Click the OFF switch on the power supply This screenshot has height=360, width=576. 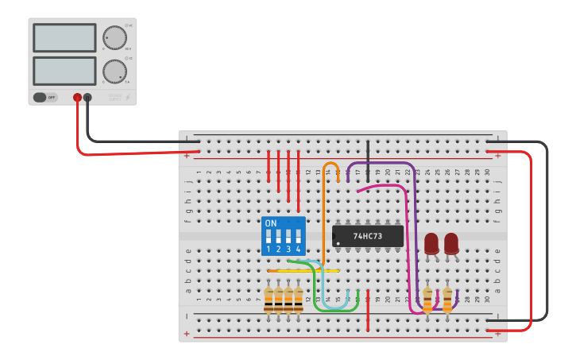point(45,98)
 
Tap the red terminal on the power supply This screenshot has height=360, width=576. point(77,98)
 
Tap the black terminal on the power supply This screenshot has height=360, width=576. point(87,98)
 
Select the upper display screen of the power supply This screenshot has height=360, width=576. point(64,38)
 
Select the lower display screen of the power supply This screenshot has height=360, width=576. point(64,71)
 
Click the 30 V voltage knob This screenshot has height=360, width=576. point(114,37)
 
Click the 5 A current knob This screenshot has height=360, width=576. point(114,71)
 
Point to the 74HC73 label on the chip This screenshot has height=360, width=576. point(368,236)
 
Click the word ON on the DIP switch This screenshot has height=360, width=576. point(271,223)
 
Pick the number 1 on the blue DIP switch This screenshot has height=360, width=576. point(269,250)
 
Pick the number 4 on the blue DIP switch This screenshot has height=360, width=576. point(298,250)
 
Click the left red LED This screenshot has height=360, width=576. point(431,243)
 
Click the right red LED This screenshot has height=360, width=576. point(451,243)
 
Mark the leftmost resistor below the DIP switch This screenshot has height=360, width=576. point(269,300)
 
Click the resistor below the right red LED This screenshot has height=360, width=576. point(447,300)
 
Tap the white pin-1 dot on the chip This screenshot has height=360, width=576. point(338,243)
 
